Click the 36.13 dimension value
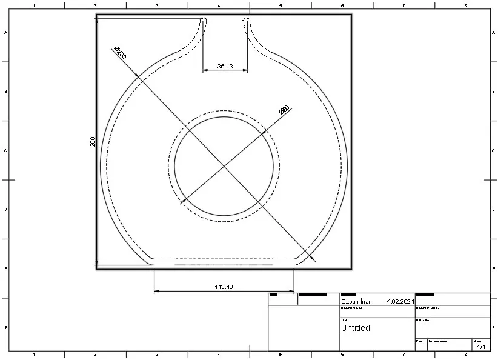tap(225, 66)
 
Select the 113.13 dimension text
tap(224, 287)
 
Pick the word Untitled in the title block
tap(355, 328)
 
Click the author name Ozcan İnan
tap(356, 301)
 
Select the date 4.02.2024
tap(400, 301)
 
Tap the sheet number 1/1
tap(482, 347)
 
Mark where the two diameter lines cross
tap(225, 165)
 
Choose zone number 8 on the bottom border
tap(465, 354)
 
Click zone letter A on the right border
tap(493, 33)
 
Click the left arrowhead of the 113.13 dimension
tap(156, 292)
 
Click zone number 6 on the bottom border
tap(342, 354)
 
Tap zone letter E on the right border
tap(493, 268)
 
